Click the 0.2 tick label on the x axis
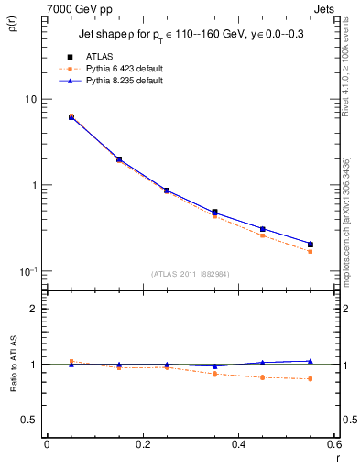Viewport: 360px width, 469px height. click(x=142, y=443)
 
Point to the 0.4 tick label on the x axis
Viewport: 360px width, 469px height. click(x=238, y=443)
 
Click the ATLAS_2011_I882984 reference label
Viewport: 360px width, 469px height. click(x=190, y=274)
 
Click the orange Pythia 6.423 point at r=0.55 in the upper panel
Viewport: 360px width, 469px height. click(x=311, y=251)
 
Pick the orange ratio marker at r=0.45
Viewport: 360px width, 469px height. click(x=263, y=377)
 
